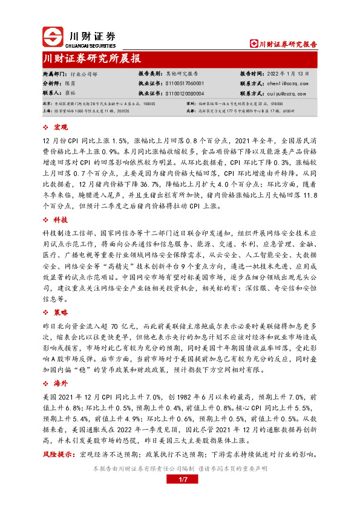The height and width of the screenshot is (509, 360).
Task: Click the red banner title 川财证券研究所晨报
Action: pyautogui.click(x=92, y=59)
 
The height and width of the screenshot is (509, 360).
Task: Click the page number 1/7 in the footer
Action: pyautogui.click(x=180, y=479)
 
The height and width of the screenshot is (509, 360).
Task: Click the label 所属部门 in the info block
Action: pyautogui.click(x=54, y=73)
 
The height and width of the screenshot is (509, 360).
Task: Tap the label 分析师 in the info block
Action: pyautogui.click(x=51, y=83)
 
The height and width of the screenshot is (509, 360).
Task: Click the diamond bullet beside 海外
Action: pyautogui.click(x=47, y=384)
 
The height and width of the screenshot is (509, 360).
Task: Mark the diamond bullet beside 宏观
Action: pyautogui.click(x=47, y=128)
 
